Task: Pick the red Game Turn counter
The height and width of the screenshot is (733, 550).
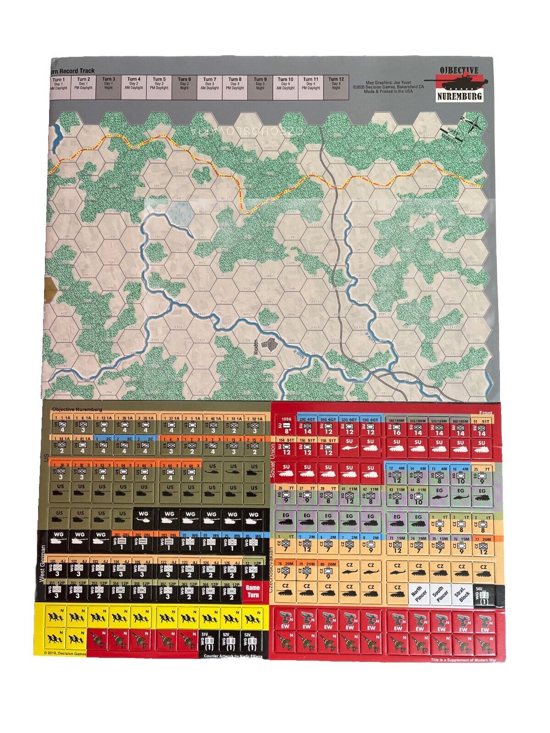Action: pyautogui.click(x=253, y=590)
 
